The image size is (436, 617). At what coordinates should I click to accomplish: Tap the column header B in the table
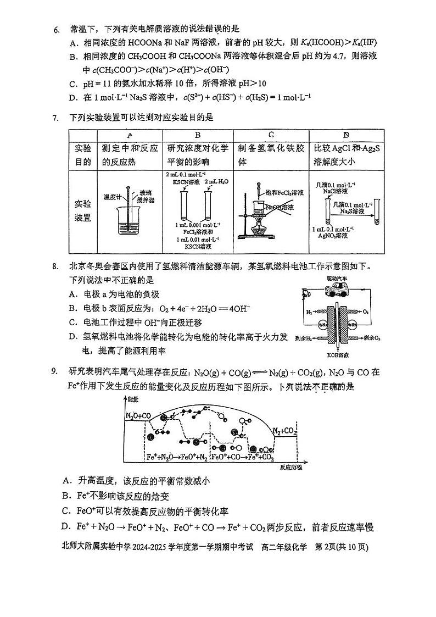[198, 135]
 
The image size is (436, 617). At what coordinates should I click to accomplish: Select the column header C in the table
[271, 135]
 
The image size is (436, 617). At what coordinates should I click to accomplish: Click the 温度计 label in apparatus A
[112, 196]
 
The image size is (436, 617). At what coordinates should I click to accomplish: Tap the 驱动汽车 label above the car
[337, 279]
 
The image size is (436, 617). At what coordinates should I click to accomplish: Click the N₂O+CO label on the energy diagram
[138, 415]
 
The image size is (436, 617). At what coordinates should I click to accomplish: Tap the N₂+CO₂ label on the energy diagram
[285, 430]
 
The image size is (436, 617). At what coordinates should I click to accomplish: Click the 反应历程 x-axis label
[290, 467]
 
